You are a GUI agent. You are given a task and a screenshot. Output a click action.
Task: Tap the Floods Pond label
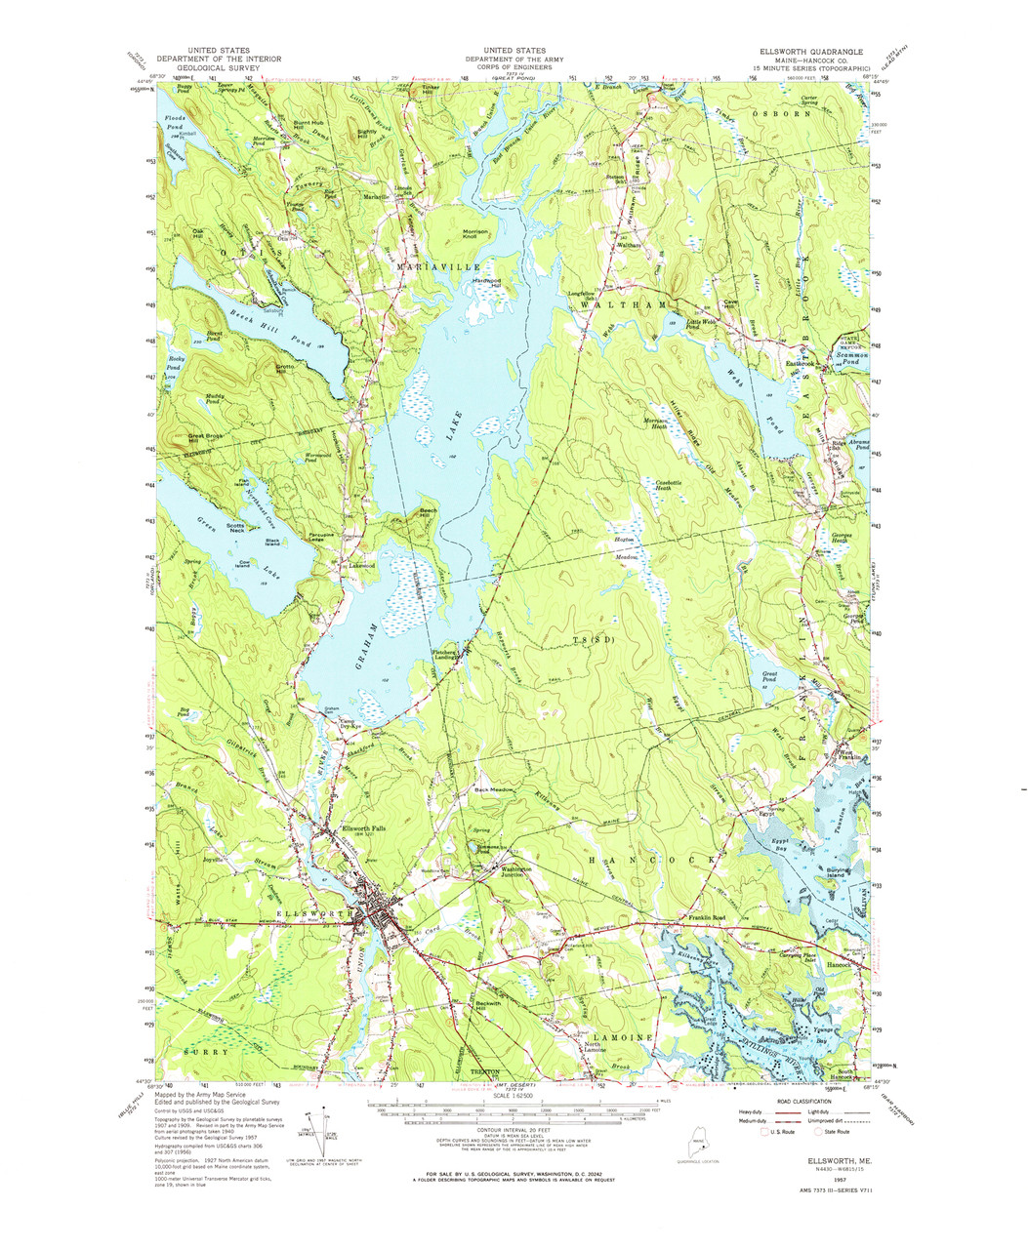(174, 123)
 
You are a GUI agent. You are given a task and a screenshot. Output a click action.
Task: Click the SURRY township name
(206, 1053)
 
